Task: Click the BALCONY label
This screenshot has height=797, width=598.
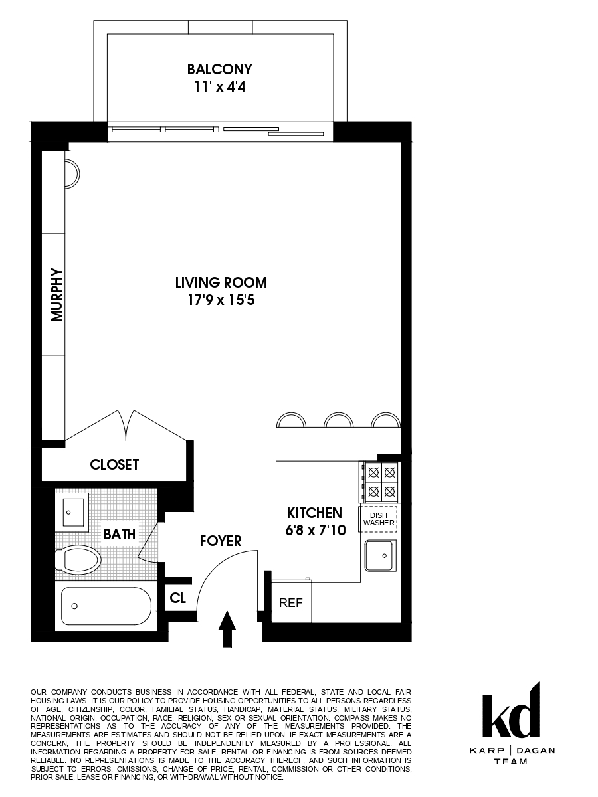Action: click(x=219, y=69)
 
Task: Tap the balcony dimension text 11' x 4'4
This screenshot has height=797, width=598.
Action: click(x=219, y=86)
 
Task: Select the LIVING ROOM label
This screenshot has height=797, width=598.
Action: click(x=221, y=282)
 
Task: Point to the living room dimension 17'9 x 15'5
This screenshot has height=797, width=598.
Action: click(x=221, y=300)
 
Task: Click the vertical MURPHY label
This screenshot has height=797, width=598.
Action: click(x=56, y=294)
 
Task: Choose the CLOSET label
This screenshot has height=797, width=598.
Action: click(x=114, y=464)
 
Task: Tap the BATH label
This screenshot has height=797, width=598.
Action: click(x=120, y=533)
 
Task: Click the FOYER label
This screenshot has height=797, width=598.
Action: click(x=221, y=541)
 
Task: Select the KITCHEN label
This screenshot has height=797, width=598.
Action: click(x=314, y=513)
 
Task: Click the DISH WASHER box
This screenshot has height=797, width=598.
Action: click(x=379, y=519)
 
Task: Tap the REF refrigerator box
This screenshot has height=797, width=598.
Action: click(x=290, y=603)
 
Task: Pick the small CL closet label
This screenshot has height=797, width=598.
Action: click(x=177, y=598)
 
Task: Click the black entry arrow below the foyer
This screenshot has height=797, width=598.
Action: click(x=227, y=628)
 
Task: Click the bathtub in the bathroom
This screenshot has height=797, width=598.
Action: click(x=106, y=606)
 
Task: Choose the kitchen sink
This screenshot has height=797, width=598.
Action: click(x=380, y=555)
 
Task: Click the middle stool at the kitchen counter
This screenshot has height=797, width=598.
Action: click(x=338, y=420)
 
